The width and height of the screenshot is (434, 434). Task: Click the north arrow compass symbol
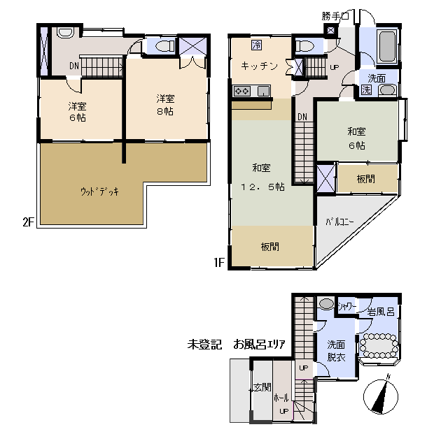[381, 396]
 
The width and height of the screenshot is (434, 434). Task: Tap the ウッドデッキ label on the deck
[99, 191]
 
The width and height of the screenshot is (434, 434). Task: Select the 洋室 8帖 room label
[165, 105]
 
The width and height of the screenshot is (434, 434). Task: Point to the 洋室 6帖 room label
[78, 112]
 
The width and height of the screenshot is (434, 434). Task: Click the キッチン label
[259, 66]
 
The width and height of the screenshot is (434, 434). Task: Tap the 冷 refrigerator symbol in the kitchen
[256, 45]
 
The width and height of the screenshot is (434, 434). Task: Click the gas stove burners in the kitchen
[242, 91]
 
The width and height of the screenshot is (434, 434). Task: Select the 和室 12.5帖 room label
[262, 177]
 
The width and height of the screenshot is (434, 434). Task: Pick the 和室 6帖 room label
[356, 138]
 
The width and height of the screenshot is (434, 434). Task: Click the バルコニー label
[339, 222]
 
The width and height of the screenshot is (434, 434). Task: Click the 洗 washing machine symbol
[367, 89]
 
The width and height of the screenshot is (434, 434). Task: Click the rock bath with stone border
[379, 346]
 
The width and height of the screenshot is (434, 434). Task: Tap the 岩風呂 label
[381, 312]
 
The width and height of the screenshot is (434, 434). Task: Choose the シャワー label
[347, 306]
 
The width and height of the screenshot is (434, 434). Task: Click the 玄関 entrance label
[262, 386]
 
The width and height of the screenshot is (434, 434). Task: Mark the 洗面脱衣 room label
[337, 351]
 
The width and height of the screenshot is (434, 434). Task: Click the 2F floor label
[28, 222]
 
